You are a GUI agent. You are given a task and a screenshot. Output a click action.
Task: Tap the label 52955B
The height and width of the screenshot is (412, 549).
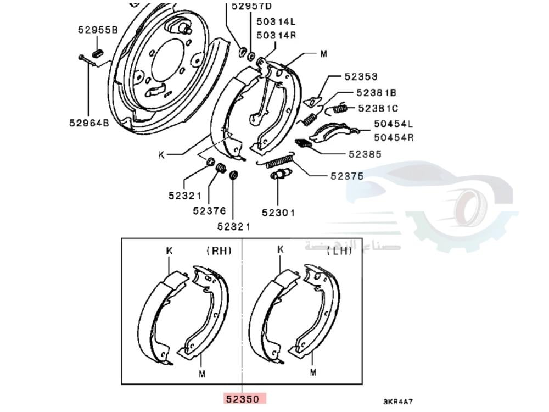97,30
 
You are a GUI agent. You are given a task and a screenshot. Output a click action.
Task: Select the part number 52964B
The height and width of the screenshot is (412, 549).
89,123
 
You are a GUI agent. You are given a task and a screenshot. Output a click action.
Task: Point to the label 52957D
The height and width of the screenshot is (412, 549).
251,7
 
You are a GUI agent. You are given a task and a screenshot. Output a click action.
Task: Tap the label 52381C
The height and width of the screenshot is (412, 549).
378,108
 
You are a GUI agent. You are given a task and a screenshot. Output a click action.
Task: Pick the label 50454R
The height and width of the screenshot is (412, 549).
394,137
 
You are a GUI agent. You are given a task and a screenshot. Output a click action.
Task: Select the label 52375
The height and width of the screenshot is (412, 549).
346,176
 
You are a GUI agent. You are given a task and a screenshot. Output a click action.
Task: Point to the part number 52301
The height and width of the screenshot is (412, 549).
278,213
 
